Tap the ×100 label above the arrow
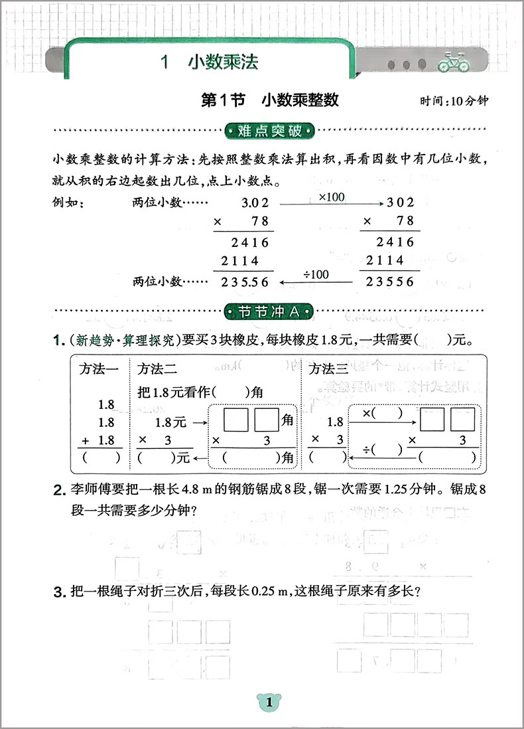(331, 197)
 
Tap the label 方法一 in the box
(99, 368)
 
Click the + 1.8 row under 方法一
(99, 440)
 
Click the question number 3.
(58, 592)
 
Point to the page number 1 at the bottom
(269, 703)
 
